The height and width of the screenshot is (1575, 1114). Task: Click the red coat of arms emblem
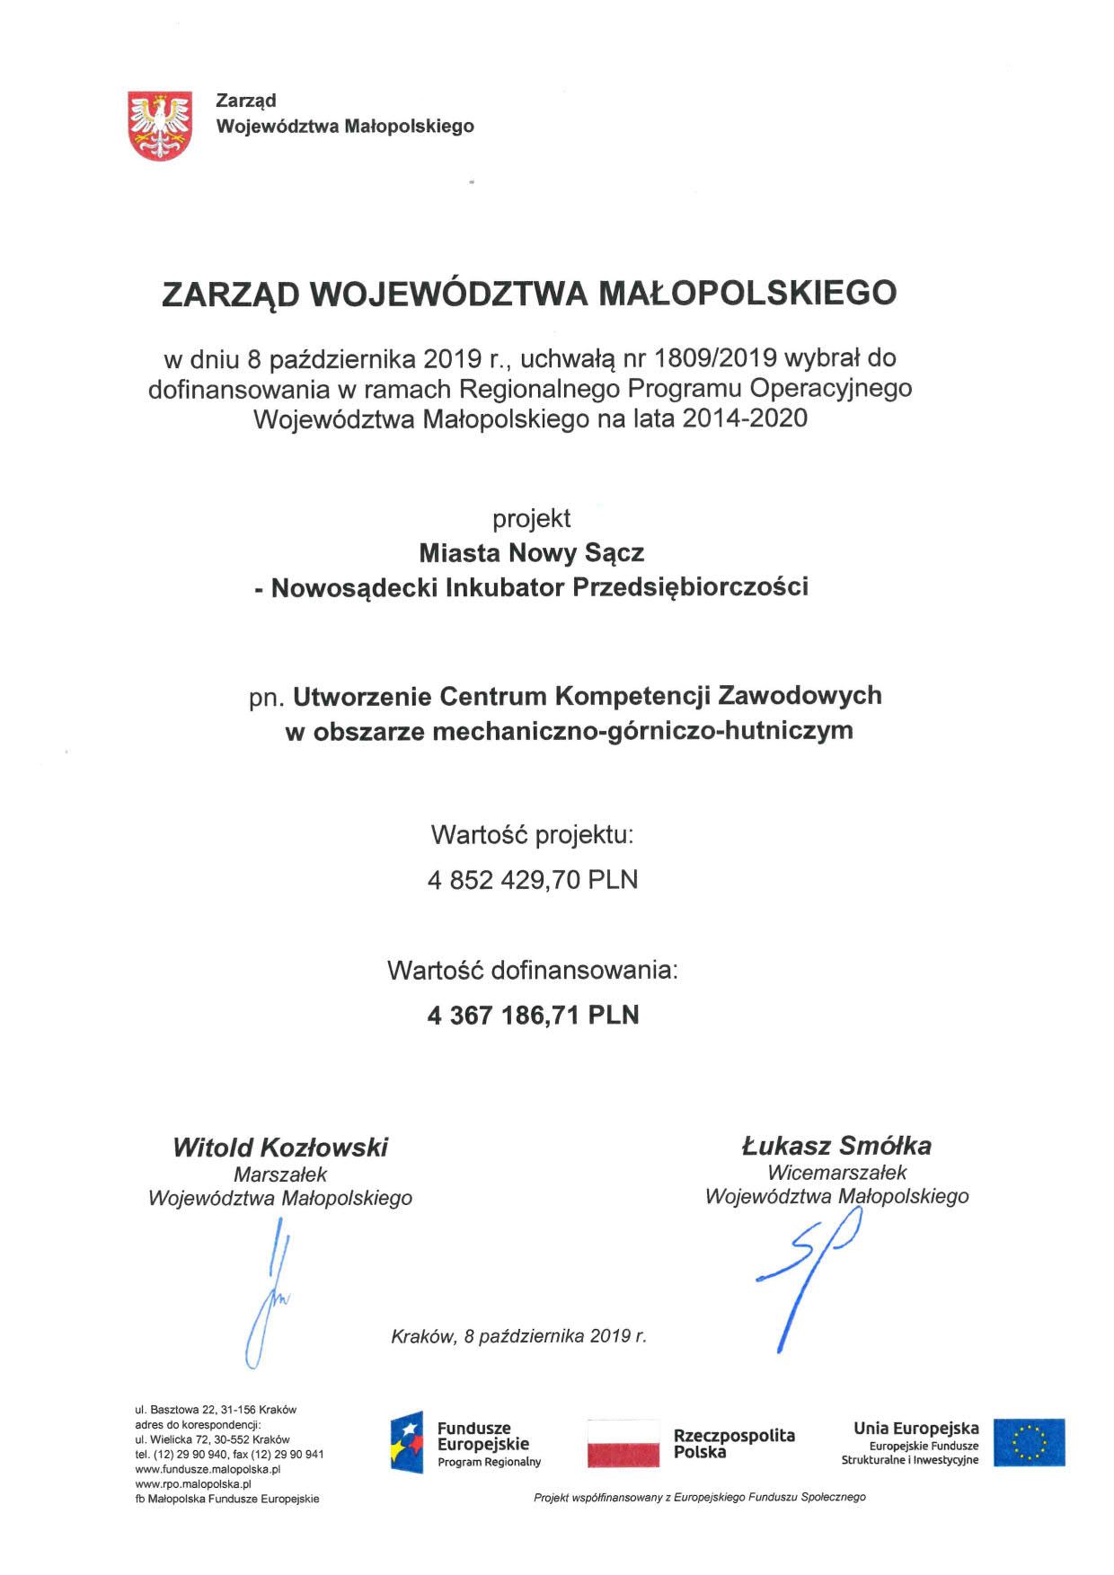pos(160,125)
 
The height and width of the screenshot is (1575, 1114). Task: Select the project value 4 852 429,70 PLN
pos(533,879)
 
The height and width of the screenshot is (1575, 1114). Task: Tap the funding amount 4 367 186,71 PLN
pos(533,1015)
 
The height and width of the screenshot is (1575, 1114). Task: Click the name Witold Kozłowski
pos(280,1147)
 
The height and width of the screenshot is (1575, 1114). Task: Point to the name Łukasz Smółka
pos(835,1145)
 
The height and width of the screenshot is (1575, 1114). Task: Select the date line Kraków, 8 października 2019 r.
pos(518,1336)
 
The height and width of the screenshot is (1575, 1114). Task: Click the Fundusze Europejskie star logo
pos(407,1442)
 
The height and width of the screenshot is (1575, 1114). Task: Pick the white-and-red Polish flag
pos(623,1443)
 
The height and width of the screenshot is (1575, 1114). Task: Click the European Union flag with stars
pos(1029,1442)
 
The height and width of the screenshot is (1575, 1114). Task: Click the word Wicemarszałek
pos(836,1172)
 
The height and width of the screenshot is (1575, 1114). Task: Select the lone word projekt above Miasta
pos(531,518)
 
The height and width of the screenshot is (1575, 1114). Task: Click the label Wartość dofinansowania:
pos(532,970)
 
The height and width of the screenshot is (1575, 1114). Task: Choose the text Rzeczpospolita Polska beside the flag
pos(733,1443)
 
